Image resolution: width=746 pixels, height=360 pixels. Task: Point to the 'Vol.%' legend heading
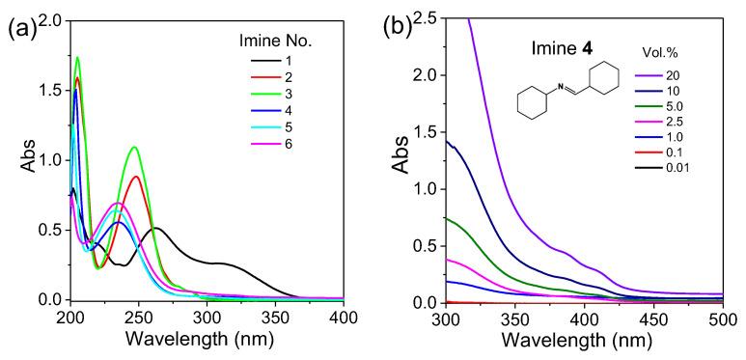click(x=684, y=55)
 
